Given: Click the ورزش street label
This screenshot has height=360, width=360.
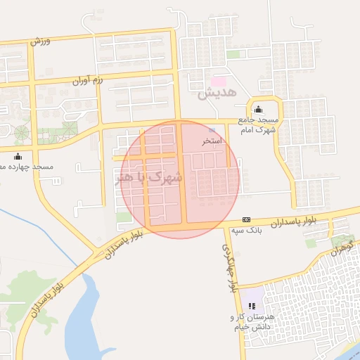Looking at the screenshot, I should pos(40,41).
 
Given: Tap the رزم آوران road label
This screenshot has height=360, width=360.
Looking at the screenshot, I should pos(88,82).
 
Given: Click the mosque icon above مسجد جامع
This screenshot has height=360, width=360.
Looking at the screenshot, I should pos(258,109).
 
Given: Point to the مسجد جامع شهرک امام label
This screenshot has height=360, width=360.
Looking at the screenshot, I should pos(258,125).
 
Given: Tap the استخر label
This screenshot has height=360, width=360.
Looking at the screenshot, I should pos(212,142).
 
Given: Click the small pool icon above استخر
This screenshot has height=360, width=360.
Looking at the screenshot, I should pos(212,131).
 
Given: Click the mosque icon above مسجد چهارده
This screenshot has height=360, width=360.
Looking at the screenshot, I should pos(18,156).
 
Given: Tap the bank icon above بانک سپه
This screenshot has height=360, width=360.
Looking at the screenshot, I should pos(246,219).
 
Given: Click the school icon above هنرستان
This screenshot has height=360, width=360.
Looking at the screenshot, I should pos(252,305).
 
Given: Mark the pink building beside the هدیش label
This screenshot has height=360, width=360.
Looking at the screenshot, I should pos(219,81).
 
